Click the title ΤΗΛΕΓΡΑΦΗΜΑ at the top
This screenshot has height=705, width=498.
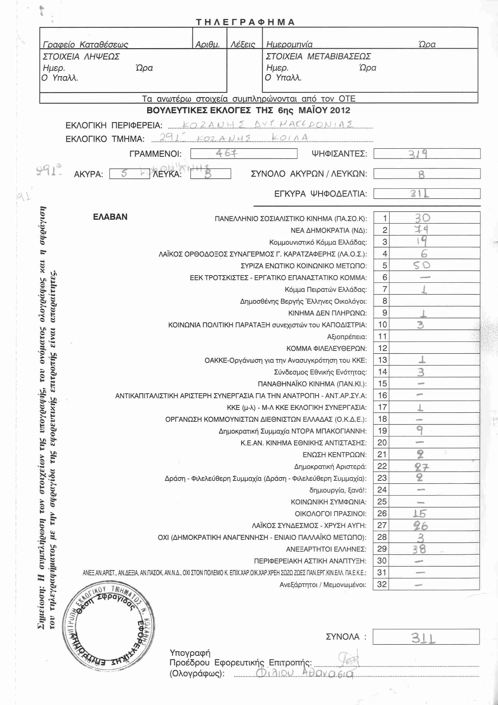[x=245, y=22]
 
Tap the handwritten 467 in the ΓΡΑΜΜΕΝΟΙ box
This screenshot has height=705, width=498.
[x=226, y=153]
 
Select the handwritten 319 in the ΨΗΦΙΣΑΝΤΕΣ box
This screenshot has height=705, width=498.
[x=418, y=153]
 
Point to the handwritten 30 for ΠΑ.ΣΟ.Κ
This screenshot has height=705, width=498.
[x=422, y=218]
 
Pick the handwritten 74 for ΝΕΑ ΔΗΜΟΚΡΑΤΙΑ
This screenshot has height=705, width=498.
[x=421, y=229]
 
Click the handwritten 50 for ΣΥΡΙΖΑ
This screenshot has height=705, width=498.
[x=421, y=265]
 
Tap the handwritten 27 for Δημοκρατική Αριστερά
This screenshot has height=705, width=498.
[x=422, y=467]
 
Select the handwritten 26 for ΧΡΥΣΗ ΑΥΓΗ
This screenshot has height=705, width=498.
[x=420, y=526]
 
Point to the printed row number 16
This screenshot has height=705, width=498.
[x=382, y=395]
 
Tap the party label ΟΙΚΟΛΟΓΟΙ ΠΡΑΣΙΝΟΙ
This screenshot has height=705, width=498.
[x=330, y=514]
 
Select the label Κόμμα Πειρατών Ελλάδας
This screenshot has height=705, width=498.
[x=325, y=290]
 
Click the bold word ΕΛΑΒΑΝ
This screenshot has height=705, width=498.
[x=110, y=217]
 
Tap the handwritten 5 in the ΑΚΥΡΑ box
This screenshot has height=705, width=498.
[x=124, y=174]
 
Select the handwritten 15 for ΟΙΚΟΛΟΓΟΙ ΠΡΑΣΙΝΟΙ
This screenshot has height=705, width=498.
[x=419, y=514]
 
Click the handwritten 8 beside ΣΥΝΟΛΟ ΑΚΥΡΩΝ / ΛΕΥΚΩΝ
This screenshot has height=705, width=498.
[x=421, y=175]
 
